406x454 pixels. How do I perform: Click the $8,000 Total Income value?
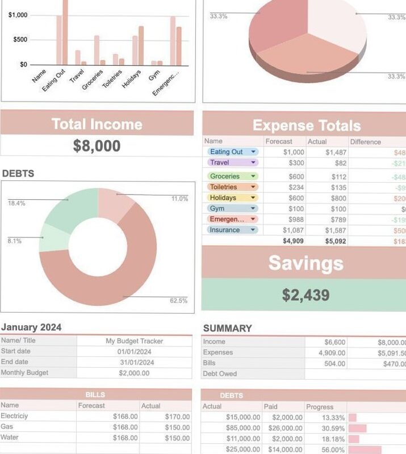click(x=97, y=146)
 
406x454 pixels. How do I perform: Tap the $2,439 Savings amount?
click(x=305, y=295)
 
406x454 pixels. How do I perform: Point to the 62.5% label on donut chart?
click(x=178, y=301)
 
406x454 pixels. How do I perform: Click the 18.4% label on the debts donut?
click(x=16, y=203)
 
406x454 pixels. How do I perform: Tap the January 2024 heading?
click(x=31, y=327)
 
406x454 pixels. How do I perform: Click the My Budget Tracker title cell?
click(x=135, y=341)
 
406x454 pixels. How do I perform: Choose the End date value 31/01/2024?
click(x=135, y=362)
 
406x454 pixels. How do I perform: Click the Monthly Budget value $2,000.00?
click(x=135, y=373)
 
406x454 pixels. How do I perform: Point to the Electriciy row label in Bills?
click(x=15, y=417)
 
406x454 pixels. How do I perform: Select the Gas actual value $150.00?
click(x=177, y=427)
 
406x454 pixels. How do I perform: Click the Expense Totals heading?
click(x=306, y=125)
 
